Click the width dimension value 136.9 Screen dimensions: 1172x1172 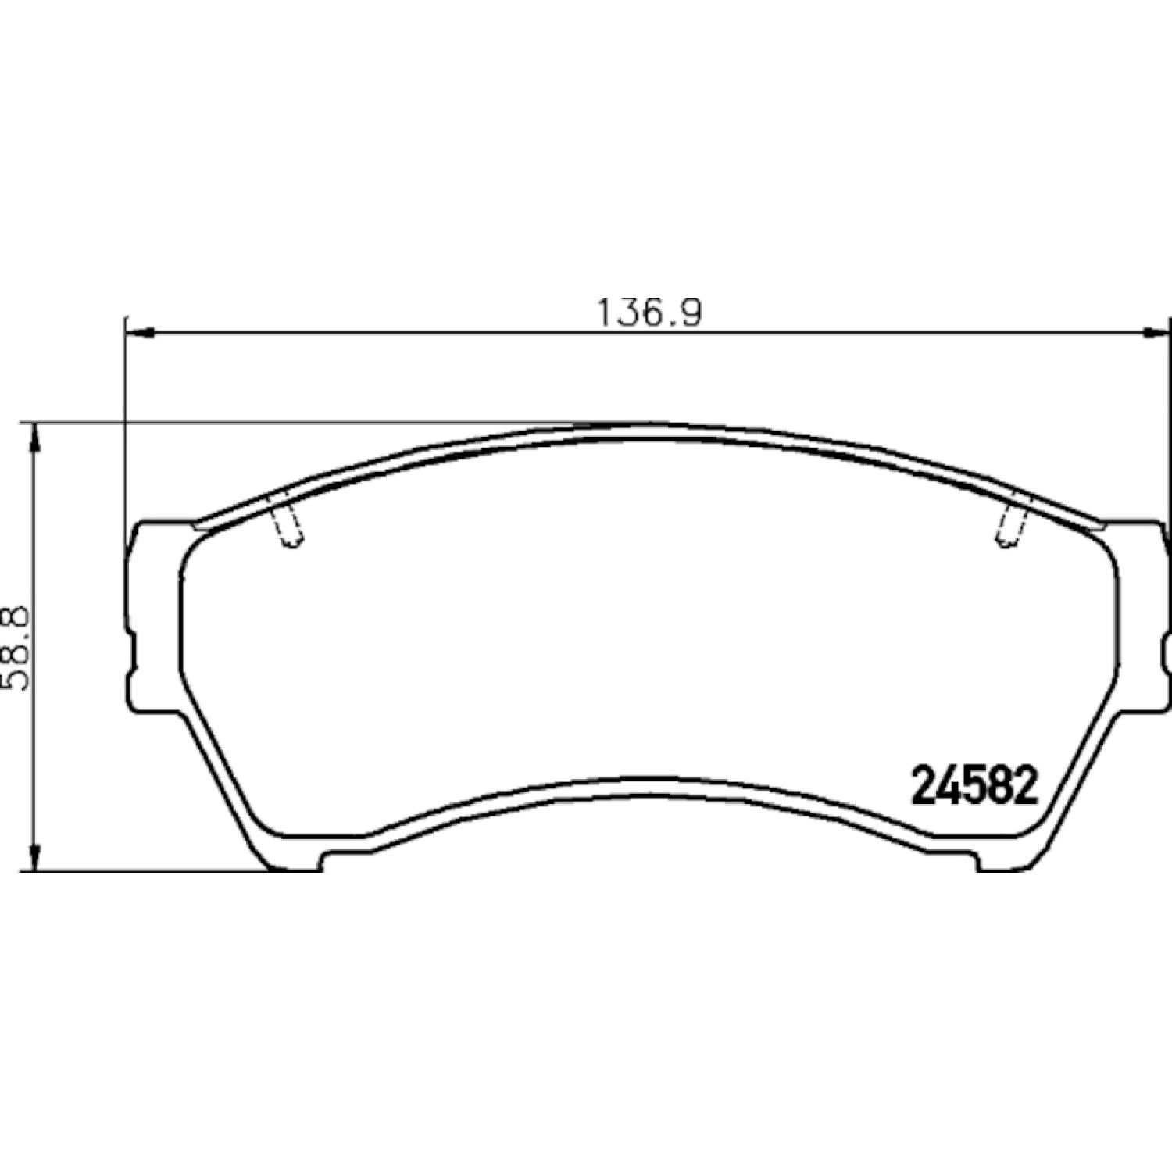pyautogui.click(x=649, y=313)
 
